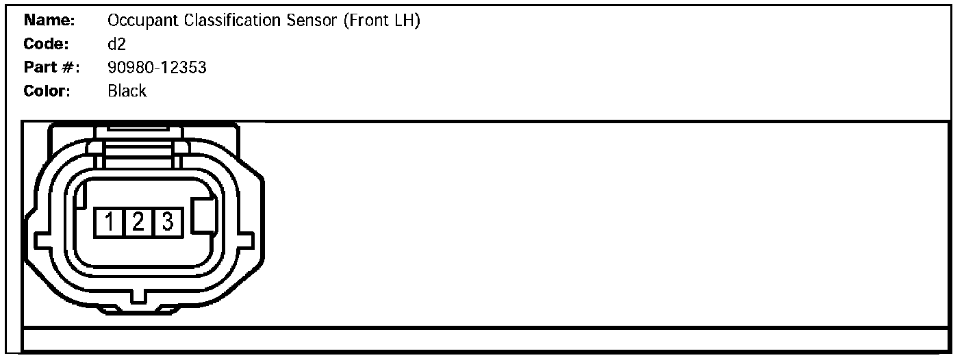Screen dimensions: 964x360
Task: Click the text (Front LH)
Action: click(x=381, y=21)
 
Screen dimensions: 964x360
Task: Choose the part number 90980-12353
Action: click(x=157, y=68)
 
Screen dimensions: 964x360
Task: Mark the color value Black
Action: click(x=127, y=91)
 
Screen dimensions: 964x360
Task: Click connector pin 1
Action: click(x=109, y=222)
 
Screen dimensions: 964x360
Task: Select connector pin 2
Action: click(x=138, y=222)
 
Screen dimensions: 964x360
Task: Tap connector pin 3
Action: click(x=166, y=222)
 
